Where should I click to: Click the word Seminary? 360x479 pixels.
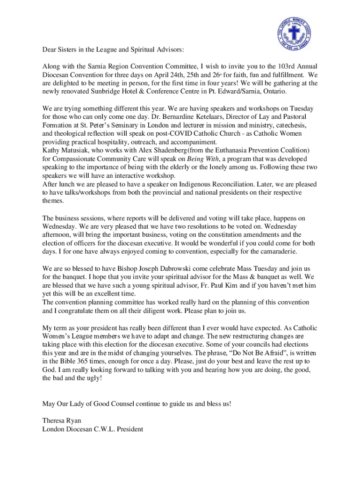126,125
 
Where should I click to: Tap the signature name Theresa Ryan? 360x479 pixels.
59,420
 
